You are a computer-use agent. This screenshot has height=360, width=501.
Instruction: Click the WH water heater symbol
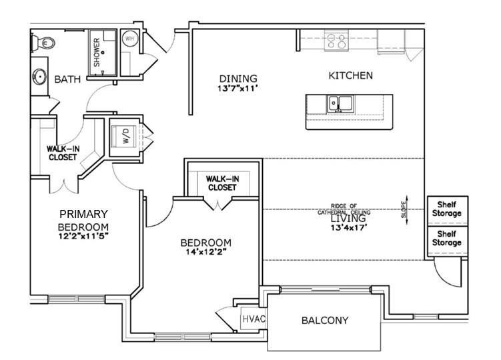131,39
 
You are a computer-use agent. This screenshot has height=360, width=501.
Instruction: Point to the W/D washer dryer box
126,137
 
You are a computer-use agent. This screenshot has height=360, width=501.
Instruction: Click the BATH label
67,79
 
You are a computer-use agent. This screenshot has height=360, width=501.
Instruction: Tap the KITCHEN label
350,75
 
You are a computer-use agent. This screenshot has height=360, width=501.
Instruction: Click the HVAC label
254,319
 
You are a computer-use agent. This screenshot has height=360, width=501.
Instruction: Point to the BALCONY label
326,321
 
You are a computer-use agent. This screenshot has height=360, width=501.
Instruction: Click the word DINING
237,78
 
